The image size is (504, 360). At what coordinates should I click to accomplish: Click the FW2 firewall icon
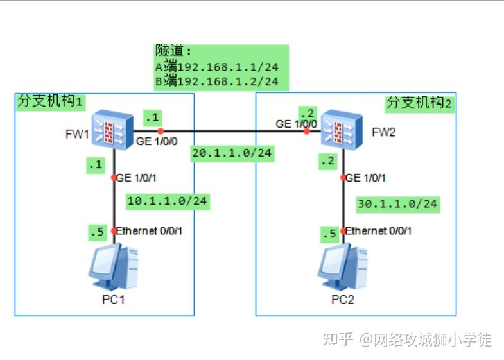pyautogui.click(x=340, y=131)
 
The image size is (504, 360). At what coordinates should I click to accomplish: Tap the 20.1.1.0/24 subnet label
pyautogui.click(x=232, y=153)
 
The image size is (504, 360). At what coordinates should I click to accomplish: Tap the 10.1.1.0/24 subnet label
pyautogui.click(x=168, y=201)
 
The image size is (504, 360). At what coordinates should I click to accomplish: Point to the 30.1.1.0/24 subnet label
pyautogui.click(x=397, y=203)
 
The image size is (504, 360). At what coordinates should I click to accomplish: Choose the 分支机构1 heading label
pyautogui.click(x=51, y=101)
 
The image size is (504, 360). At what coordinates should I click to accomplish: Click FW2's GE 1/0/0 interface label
pyautogui.click(x=296, y=123)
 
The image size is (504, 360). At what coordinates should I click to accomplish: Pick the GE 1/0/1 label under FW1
pyautogui.click(x=136, y=178)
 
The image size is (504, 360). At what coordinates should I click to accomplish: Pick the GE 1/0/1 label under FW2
pyautogui.click(x=366, y=178)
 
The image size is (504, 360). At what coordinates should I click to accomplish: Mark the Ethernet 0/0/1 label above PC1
pyautogui.click(x=149, y=230)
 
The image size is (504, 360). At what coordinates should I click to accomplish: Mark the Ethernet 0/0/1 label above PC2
pyautogui.click(x=379, y=230)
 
